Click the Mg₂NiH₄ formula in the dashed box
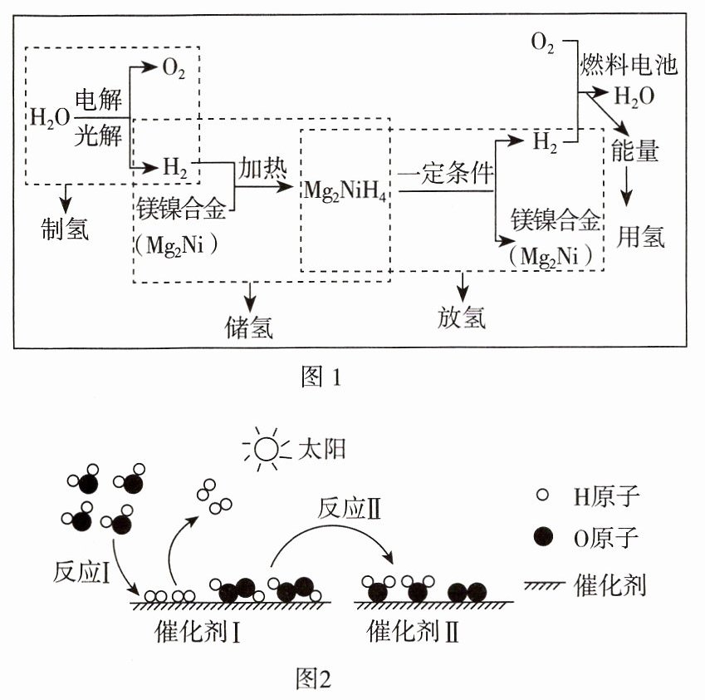pos(345,191)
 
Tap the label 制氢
pos(65,229)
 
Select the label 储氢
pos(249,327)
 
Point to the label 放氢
pos(462,318)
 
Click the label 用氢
pos(640,236)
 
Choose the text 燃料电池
pos(629,64)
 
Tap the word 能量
pos(635,150)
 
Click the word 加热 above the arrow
pos(262,169)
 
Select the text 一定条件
pos(446,173)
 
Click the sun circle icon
pos(267,449)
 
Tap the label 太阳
pos(322,449)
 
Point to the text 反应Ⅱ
pos(350,509)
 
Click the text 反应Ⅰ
pos(81,573)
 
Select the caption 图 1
pos(321,377)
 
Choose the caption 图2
pos(313,678)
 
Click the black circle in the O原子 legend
pos(543,537)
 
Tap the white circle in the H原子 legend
pos(543,495)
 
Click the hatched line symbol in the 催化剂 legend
pos(543,585)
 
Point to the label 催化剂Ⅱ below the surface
pos(413,631)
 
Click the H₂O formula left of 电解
pos(50,118)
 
